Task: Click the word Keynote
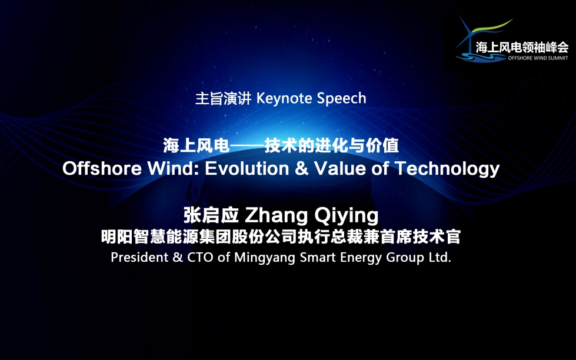(x=284, y=98)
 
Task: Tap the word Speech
(x=342, y=99)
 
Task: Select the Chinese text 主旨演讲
(x=223, y=98)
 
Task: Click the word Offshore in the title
(x=102, y=169)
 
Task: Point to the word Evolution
(x=247, y=169)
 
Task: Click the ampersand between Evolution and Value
(x=301, y=169)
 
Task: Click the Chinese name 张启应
(x=211, y=215)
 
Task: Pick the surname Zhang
(x=277, y=216)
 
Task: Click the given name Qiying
(x=346, y=216)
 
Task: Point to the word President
(x=139, y=257)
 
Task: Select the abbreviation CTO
(x=200, y=257)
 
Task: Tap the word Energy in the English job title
(x=361, y=258)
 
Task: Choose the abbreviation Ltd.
(x=440, y=257)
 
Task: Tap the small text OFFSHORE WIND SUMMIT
(x=538, y=58)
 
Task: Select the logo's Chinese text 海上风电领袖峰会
(x=522, y=48)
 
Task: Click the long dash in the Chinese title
(x=247, y=146)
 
